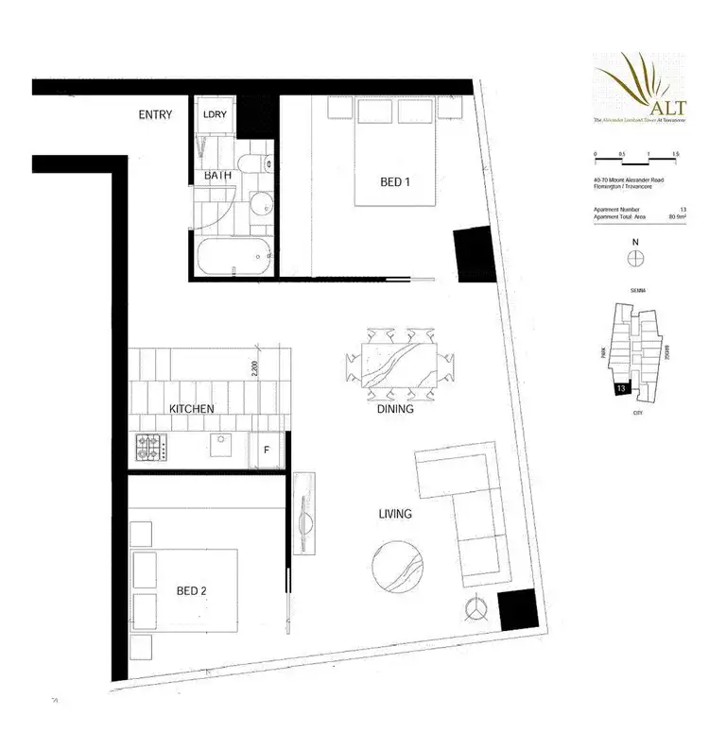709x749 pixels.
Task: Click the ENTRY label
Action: pyautogui.click(x=155, y=115)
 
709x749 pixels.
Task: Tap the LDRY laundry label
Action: pyautogui.click(x=215, y=115)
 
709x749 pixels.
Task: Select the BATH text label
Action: pyautogui.click(x=218, y=175)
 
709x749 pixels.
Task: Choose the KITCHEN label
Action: pyautogui.click(x=191, y=409)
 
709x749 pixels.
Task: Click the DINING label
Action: pyautogui.click(x=394, y=410)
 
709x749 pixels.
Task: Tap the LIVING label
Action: pyautogui.click(x=394, y=514)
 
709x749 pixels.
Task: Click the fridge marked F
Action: pyautogui.click(x=267, y=450)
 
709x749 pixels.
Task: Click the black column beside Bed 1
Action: pyautogui.click(x=471, y=252)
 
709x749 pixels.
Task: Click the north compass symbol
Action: pyautogui.click(x=636, y=262)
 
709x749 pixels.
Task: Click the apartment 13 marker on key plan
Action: pyautogui.click(x=620, y=387)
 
